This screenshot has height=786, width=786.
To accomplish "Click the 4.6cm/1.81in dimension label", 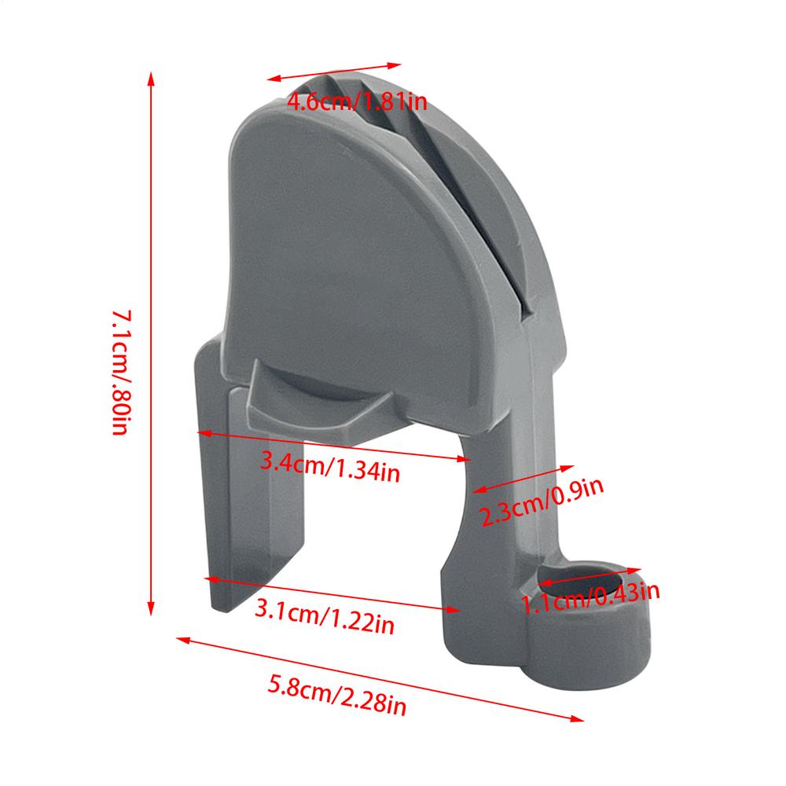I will pyautogui.click(x=357, y=101).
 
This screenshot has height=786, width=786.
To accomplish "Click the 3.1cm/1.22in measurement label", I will pyautogui.click(x=325, y=618).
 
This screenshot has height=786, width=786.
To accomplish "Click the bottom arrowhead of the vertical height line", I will pyautogui.click(x=152, y=609).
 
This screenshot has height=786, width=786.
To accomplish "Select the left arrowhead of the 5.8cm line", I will pyautogui.click(x=179, y=639).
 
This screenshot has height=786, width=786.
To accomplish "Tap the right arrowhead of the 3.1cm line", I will pyautogui.click(x=455, y=608).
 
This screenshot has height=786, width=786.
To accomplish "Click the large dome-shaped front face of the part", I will pyautogui.click(x=354, y=252).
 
